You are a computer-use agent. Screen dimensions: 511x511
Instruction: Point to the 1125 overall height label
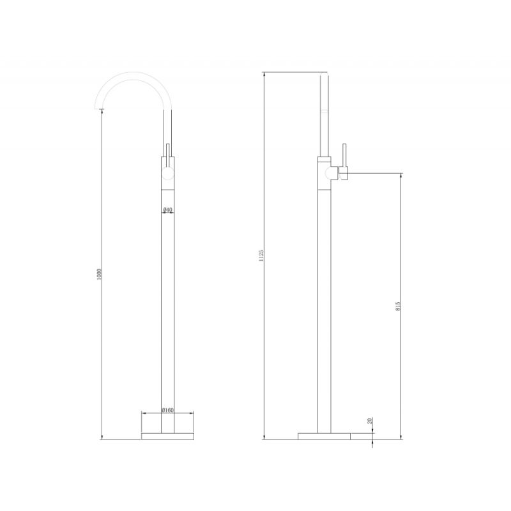[261, 256]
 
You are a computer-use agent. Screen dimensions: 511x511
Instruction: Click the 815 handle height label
[398, 306]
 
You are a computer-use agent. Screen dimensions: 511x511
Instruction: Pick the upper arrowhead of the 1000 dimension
[102, 112]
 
